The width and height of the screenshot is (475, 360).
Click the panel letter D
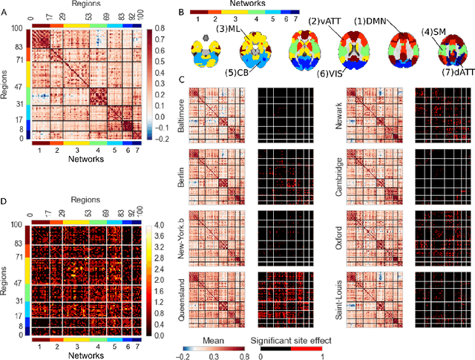pos(4,201)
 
